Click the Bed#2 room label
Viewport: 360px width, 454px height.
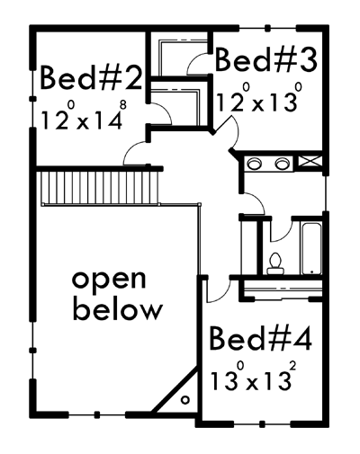coord(91,78)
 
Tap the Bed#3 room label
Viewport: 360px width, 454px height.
coord(266,60)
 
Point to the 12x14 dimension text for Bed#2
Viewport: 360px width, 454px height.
coord(84,116)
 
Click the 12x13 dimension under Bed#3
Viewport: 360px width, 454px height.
coord(258,98)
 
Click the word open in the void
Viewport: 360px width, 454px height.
coord(109,280)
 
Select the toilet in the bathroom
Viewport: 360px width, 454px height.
coord(275,263)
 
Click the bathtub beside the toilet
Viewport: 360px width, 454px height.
coord(312,248)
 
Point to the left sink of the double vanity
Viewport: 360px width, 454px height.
coord(254,164)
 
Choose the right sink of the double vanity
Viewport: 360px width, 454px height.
coord(282,164)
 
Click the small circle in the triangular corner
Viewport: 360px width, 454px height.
coord(185,400)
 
